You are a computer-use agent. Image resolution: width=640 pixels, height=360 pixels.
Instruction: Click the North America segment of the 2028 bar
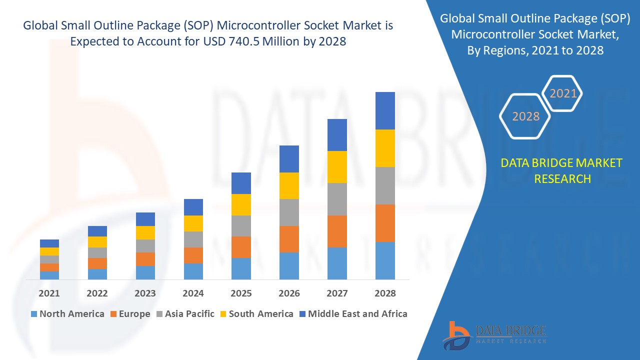pos(385,260)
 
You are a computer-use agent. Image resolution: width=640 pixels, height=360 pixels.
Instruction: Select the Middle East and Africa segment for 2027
pos(337,135)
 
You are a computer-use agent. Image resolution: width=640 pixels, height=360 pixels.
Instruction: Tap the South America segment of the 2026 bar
pos(289,185)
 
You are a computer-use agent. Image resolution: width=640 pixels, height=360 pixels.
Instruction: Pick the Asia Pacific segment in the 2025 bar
pos(241,226)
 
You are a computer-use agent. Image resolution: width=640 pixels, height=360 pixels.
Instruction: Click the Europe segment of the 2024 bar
pos(193,255)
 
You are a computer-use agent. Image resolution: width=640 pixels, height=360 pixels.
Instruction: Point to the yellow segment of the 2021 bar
pos(49,251)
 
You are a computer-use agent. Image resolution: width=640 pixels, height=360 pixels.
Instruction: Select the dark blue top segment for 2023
pos(145,219)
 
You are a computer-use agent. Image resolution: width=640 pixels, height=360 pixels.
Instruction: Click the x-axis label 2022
pos(97,293)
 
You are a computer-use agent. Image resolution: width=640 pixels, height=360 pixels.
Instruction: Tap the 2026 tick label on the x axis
pos(289,293)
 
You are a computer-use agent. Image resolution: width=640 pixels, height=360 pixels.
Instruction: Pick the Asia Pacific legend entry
pos(185,314)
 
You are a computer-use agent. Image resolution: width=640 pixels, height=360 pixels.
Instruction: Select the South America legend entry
pos(256,314)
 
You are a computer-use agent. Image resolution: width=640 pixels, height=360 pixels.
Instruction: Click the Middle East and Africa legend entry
pos(353,314)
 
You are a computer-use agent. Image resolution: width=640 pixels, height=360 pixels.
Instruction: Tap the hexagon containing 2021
pos(563,93)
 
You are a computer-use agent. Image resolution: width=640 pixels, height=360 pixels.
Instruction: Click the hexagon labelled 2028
pos(525,116)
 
